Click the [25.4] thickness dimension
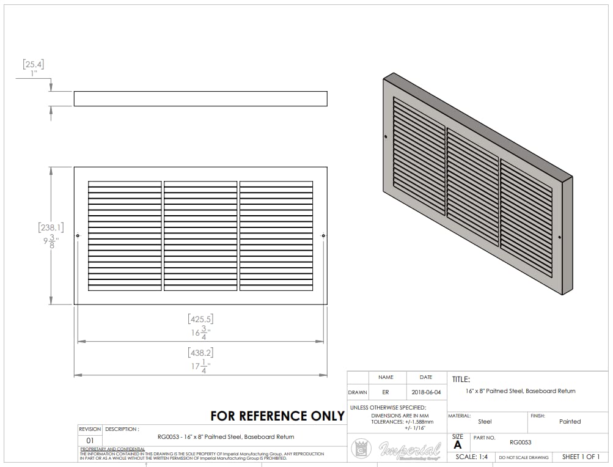pyautogui.click(x=33, y=64)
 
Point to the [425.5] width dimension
pyautogui.click(x=200, y=319)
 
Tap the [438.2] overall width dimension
pyautogui.click(x=200, y=353)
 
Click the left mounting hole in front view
pyautogui.click(x=78, y=236)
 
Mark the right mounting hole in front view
pyautogui.click(x=323, y=236)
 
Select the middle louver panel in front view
pyautogui.click(x=200, y=235)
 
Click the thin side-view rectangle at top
pyautogui.click(x=200, y=98)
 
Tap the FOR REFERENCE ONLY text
pyautogui.click(x=277, y=416)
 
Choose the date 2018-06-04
pyautogui.click(x=426, y=392)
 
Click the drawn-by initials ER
pyautogui.click(x=386, y=392)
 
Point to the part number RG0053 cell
pyautogui.click(x=519, y=442)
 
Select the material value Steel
pyautogui.click(x=485, y=421)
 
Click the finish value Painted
pyautogui.click(x=570, y=421)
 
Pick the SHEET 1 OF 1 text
pyautogui.click(x=581, y=457)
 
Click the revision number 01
pyautogui.click(x=90, y=440)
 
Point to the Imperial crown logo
pyautogui.click(x=361, y=449)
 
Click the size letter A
pyautogui.click(x=458, y=445)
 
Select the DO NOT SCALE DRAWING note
pyautogui.click(x=523, y=457)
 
